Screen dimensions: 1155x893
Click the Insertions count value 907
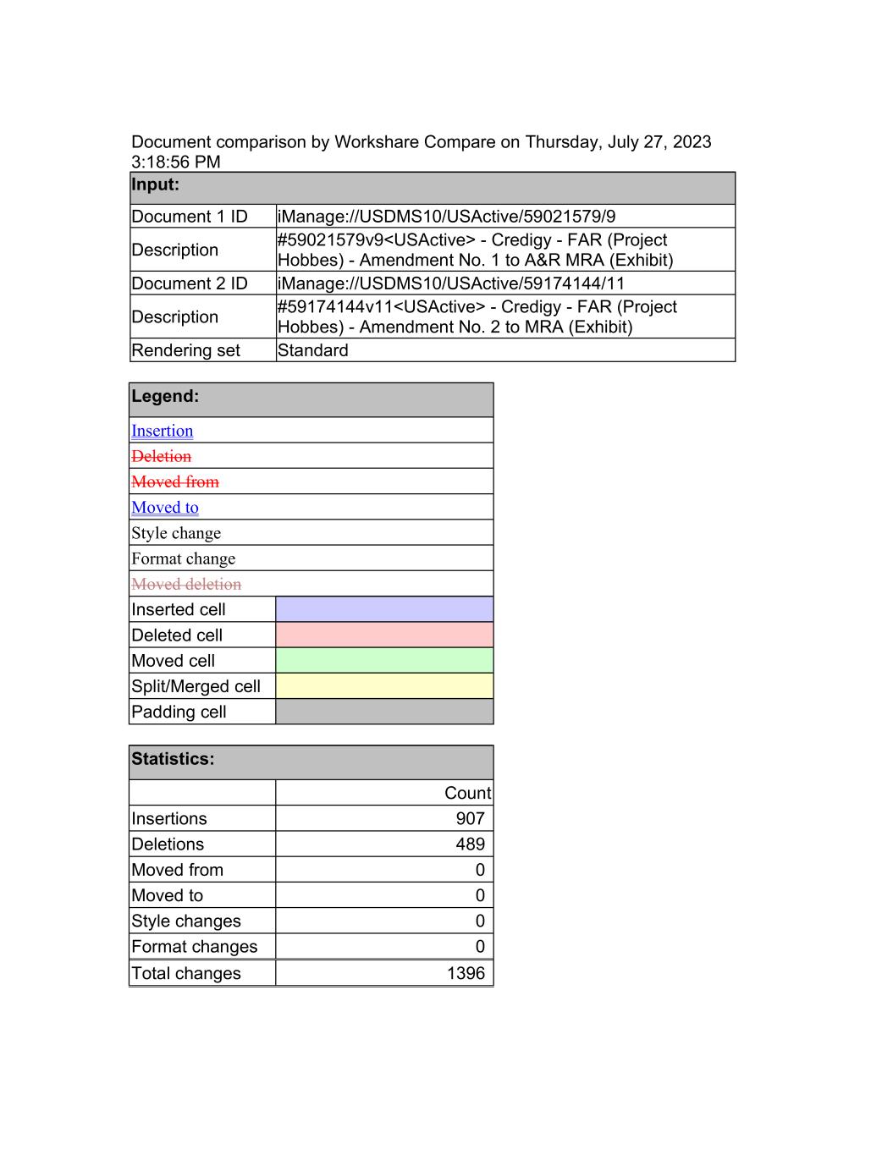click(470, 818)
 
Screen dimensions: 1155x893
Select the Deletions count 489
click(470, 844)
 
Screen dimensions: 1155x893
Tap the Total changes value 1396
click(466, 973)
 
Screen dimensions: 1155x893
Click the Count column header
click(467, 793)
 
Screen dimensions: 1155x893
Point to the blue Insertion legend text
click(162, 431)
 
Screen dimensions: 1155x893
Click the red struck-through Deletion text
click(161, 456)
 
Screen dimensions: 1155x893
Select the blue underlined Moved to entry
click(164, 508)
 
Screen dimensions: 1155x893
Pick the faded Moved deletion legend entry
click(186, 584)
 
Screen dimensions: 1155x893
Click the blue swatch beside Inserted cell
click(384, 609)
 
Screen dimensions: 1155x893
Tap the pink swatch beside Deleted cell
click(384, 635)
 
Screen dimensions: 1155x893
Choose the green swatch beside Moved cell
click(384, 660)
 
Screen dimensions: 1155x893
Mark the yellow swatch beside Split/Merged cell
click(384, 685)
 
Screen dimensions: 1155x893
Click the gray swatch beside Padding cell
click(384, 712)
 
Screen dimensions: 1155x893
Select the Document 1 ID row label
click(190, 217)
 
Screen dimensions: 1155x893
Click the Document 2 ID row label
click(190, 283)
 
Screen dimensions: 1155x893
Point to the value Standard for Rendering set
click(312, 350)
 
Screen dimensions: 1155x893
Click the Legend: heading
click(165, 396)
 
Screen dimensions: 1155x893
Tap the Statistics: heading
click(173, 759)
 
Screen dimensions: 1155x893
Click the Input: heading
click(156, 184)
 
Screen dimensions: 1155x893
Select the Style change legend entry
click(176, 533)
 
